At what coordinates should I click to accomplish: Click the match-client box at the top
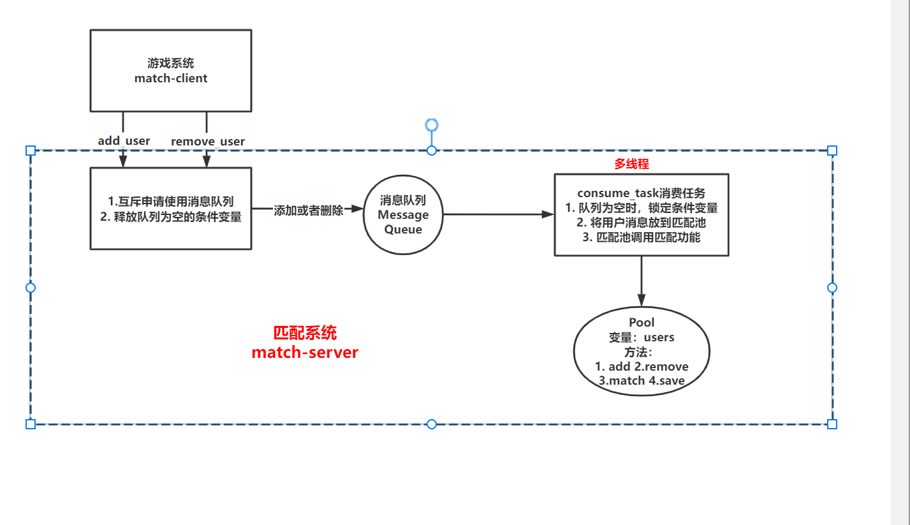[x=171, y=71]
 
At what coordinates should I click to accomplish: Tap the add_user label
[x=124, y=140]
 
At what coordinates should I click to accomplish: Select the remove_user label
[x=208, y=141]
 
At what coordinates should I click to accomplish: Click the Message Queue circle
[x=403, y=215]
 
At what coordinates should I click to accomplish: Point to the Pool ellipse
[x=642, y=351]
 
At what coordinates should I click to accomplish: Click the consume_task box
[x=642, y=215]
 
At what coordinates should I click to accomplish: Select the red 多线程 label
[x=631, y=164]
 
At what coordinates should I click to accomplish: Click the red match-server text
[x=305, y=352]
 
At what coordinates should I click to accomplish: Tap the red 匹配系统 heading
[x=305, y=333]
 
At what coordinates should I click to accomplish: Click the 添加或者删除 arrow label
[x=308, y=210]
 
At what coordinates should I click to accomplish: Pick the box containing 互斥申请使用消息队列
[x=171, y=209]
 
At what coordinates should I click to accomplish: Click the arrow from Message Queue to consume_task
[x=497, y=215]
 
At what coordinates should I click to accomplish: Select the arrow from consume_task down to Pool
[x=642, y=281]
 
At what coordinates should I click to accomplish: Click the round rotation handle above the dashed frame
[x=432, y=125]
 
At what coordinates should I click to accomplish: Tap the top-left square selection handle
[x=31, y=151]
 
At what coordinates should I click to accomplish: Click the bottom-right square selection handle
[x=832, y=424]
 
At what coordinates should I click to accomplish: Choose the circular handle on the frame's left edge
[x=31, y=288]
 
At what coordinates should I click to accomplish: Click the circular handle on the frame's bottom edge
[x=432, y=424]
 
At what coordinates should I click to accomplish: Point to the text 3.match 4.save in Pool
[x=642, y=381]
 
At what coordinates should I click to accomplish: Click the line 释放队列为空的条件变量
[x=171, y=217]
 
